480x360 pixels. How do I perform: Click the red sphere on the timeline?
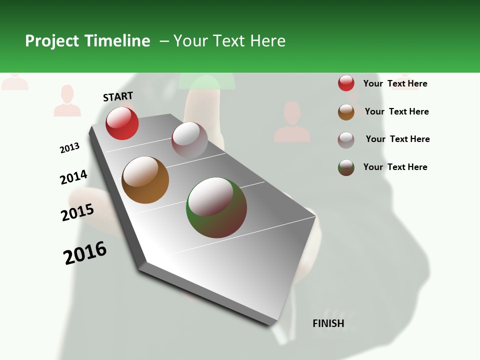click(122, 123)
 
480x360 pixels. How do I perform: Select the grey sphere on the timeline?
click(189, 140)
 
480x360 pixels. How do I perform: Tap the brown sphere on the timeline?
click(145, 180)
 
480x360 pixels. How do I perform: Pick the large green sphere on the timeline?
click(216, 207)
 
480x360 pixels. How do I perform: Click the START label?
click(118, 96)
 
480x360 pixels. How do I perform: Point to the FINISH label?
click(328, 323)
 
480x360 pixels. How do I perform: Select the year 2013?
click(69, 148)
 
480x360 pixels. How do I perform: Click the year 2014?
click(73, 177)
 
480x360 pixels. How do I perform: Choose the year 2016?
click(85, 253)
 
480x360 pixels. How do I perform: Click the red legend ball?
click(346, 83)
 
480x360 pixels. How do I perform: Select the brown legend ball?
click(346, 112)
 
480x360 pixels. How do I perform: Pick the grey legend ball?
click(346, 140)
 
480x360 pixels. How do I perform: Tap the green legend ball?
click(346, 167)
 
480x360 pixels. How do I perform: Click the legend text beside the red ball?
click(395, 83)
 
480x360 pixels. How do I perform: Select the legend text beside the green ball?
click(395, 167)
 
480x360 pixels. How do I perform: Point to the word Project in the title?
click(52, 41)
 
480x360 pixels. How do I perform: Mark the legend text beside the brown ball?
click(396, 111)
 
